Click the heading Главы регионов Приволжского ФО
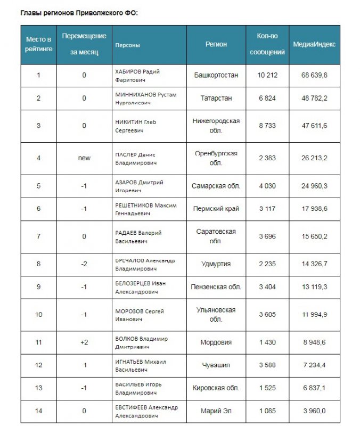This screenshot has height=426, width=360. (79, 12)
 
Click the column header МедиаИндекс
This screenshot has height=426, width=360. (314, 45)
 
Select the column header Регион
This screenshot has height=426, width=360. (216, 45)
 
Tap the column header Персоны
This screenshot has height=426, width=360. (128, 45)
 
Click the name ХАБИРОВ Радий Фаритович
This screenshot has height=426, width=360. (137, 75)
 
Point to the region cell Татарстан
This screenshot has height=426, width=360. (216, 99)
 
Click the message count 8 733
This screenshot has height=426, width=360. (267, 126)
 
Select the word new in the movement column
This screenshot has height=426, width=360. (84, 158)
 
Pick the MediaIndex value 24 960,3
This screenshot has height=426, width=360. (314, 186)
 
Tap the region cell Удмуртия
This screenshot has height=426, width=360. (216, 264)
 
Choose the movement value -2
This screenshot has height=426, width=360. (84, 264)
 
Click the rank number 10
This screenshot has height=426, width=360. (38, 314)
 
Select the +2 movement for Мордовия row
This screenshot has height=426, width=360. (84, 342)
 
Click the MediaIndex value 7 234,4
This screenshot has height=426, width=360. (314, 365)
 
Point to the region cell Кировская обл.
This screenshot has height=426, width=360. (216, 388)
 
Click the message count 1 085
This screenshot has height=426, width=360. (267, 411)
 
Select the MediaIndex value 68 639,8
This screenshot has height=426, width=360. (314, 75)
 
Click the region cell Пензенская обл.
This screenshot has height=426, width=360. (216, 286)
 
